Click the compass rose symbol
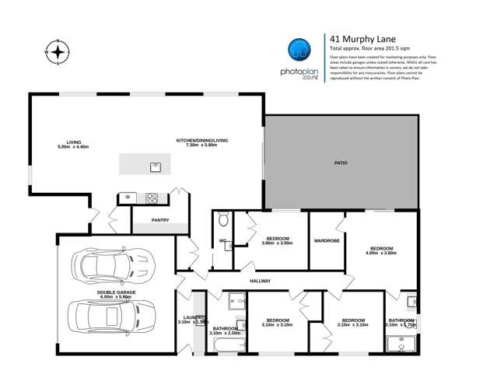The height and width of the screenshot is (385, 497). [58, 52]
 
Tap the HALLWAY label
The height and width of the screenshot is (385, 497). [260, 281]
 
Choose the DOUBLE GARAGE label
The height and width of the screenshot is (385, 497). [117, 292]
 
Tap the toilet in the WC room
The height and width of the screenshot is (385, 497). [223, 219]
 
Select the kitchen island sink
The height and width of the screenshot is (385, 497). [156, 165]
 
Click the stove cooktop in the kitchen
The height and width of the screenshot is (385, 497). [152, 198]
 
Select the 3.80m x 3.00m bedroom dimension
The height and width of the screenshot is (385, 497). [278, 243]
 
